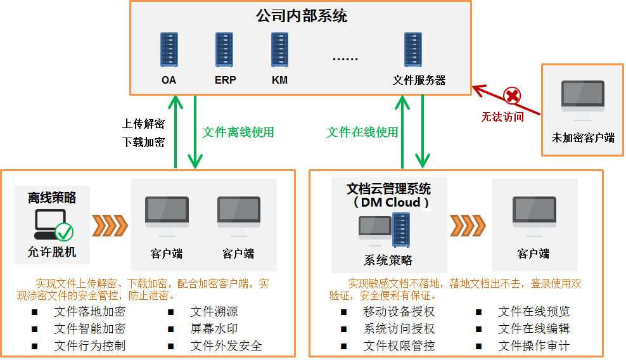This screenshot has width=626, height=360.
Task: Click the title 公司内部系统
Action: (x=302, y=16)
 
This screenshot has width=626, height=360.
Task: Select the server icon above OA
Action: (x=169, y=50)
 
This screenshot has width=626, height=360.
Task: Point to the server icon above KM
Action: (x=279, y=50)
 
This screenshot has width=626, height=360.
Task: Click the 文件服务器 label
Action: (x=419, y=80)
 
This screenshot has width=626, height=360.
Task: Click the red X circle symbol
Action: (x=512, y=96)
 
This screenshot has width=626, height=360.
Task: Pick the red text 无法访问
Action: (x=502, y=117)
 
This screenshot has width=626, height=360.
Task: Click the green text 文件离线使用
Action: (x=238, y=132)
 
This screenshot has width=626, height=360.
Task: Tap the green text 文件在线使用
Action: (x=362, y=132)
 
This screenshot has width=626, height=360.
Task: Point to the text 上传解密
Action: (x=144, y=124)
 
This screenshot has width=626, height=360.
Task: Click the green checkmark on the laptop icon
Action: (x=65, y=231)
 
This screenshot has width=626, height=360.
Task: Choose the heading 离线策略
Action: (x=52, y=198)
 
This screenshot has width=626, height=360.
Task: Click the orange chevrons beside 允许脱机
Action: (x=110, y=224)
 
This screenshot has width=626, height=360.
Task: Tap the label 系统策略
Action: (x=388, y=260)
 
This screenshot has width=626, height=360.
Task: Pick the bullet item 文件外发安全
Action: (x=226, y=346)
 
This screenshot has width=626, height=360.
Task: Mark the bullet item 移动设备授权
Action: (x=399, y=312)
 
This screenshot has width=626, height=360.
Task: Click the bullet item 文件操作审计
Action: (x=534, y=346)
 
